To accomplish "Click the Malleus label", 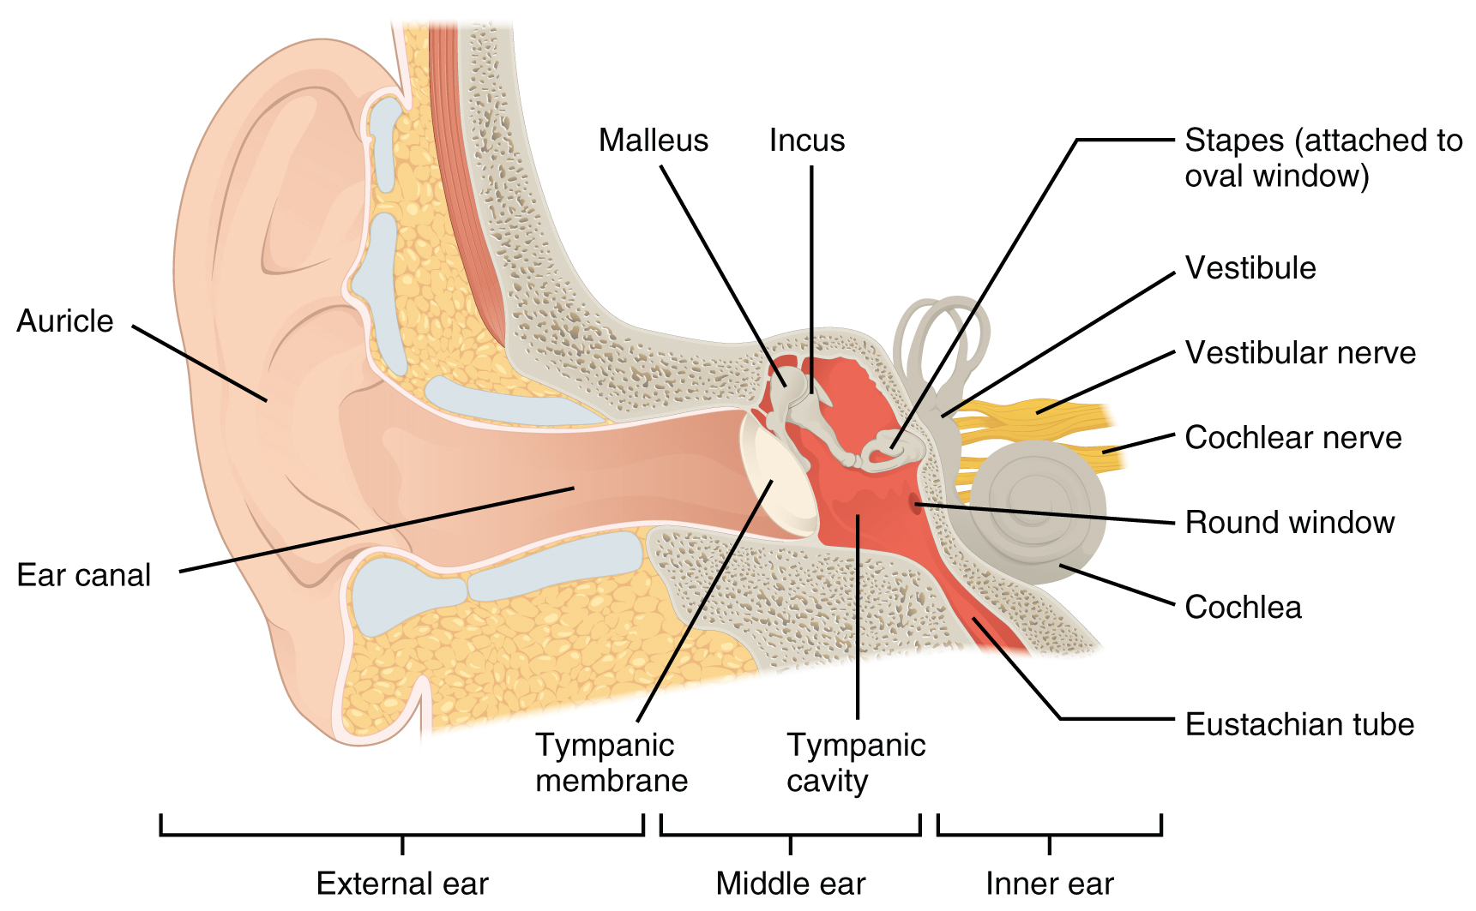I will click(x=654, y=141).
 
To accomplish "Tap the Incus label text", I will click(x=806, y=141).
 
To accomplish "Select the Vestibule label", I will click(x=1250, y=268).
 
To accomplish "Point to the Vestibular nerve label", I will click(x=1299, y=353).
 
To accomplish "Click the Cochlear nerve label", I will click(x=1292, y=438).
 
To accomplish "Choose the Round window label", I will click(x=1289, y=523).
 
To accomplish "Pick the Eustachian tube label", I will click(x=1298, y=725).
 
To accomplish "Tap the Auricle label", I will click(x=65, y=321).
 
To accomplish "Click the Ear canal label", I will click(x=83, y=575).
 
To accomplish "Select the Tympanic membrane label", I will click(x=611, y=763).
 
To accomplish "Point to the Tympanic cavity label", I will click(x=855, y=763).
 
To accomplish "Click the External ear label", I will click(x=402, y=884).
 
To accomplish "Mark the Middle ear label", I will click(x=790, y=884).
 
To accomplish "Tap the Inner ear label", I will click(x=1049, y=884).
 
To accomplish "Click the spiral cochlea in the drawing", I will click(x=1038, y=510).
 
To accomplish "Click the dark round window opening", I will click(x=914, y=501).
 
